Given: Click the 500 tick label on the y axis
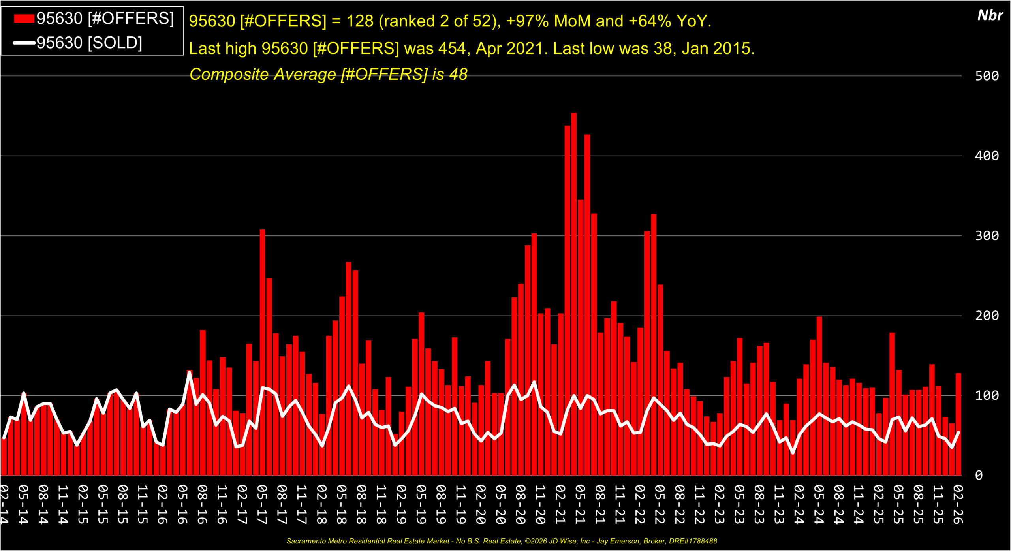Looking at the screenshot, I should [x=987, y=76].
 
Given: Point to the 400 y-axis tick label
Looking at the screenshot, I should [x=987, y=156].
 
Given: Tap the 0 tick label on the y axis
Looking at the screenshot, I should [x=979, y=475].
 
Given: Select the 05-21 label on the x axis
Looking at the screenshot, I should [x=580, y=504].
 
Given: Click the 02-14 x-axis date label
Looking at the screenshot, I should [x=4, y=504].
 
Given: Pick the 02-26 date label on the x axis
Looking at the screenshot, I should [x=958, y=504].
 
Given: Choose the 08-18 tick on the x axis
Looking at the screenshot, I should [x=361, y=504].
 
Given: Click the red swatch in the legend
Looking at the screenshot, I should [x=24, y=19].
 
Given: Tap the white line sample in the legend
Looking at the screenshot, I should [x=24, y=43].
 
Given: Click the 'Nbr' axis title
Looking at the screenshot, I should [x=990, y=15].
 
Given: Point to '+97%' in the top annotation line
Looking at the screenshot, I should [x=527, y=21].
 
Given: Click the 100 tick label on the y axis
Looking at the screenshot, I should [x=987, y=395].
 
